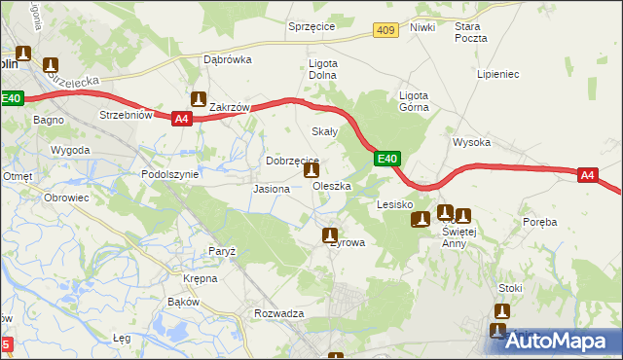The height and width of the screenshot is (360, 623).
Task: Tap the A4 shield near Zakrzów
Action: (180, 119)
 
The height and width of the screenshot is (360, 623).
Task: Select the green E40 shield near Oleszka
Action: (386, 159)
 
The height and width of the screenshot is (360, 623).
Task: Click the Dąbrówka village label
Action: (228, 58)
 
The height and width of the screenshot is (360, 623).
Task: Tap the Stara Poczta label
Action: (470, 32)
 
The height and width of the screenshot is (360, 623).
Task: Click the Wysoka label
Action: (471, 142)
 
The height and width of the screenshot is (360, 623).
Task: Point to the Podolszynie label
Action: (169, 174)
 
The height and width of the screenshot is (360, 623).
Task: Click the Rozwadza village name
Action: (279, 313)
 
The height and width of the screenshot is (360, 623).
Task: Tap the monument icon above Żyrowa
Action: (330, 234)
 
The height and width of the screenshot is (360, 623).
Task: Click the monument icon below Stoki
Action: (501, 311)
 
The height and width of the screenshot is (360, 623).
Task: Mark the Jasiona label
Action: (271, 189)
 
